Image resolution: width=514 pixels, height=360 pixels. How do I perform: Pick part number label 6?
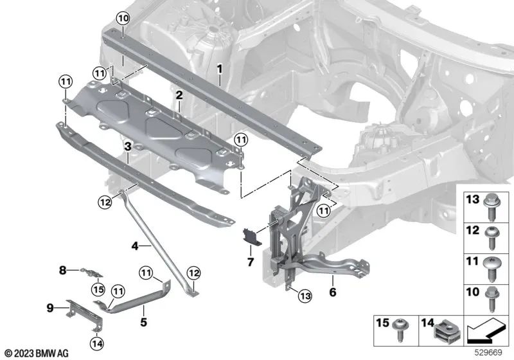[x=251, y=262]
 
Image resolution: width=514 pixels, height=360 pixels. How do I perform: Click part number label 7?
[x=62, y=271]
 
